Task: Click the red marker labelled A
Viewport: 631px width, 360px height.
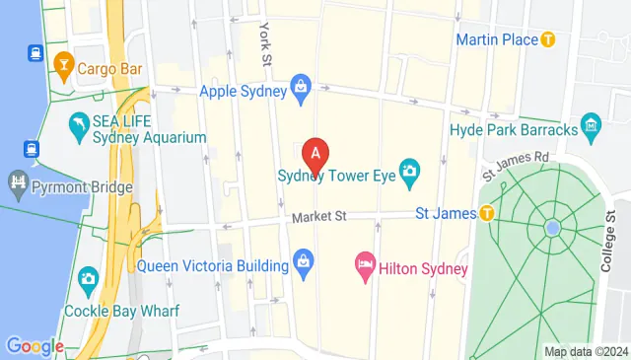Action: coord(315,155)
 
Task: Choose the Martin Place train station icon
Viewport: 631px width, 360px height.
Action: coord(549,39)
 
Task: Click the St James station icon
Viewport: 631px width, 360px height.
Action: coord(486,212)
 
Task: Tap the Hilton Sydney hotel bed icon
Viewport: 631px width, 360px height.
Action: coord(364,264)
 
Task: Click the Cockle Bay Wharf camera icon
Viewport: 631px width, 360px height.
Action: coord(88,280)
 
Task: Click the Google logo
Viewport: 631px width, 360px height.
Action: coord(34,346)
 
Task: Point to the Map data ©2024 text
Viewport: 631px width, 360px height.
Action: coord(586,351)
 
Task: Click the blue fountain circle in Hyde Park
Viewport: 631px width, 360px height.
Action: coord(553,228)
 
